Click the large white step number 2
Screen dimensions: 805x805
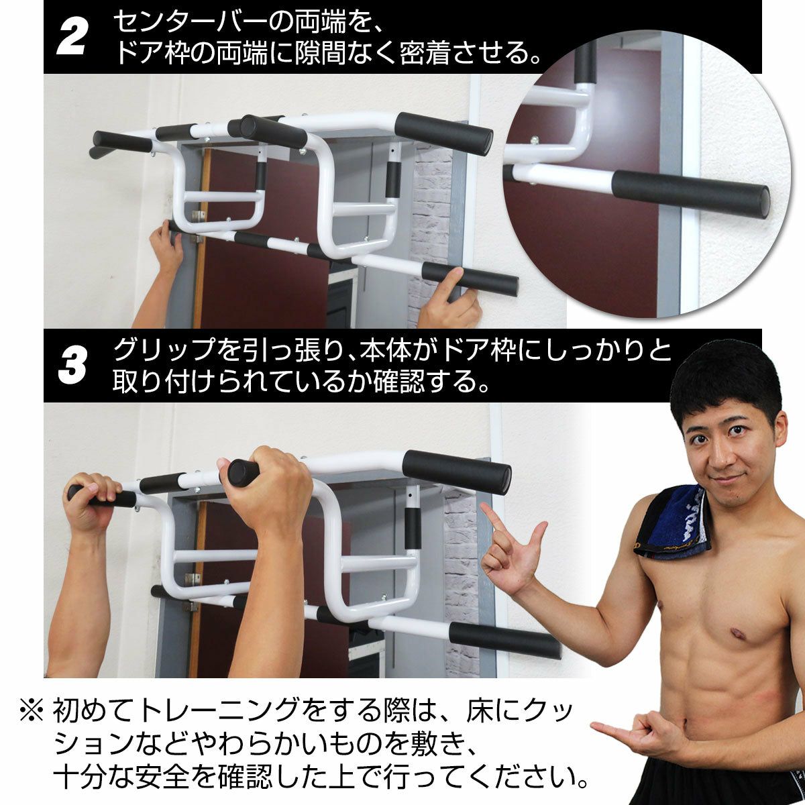click(x=71, y=38)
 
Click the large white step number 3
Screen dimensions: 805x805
click(x=72, y=366)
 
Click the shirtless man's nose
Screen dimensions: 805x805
click(x=721, y=455)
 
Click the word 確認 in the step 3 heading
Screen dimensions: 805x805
click(x=399, y=383)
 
